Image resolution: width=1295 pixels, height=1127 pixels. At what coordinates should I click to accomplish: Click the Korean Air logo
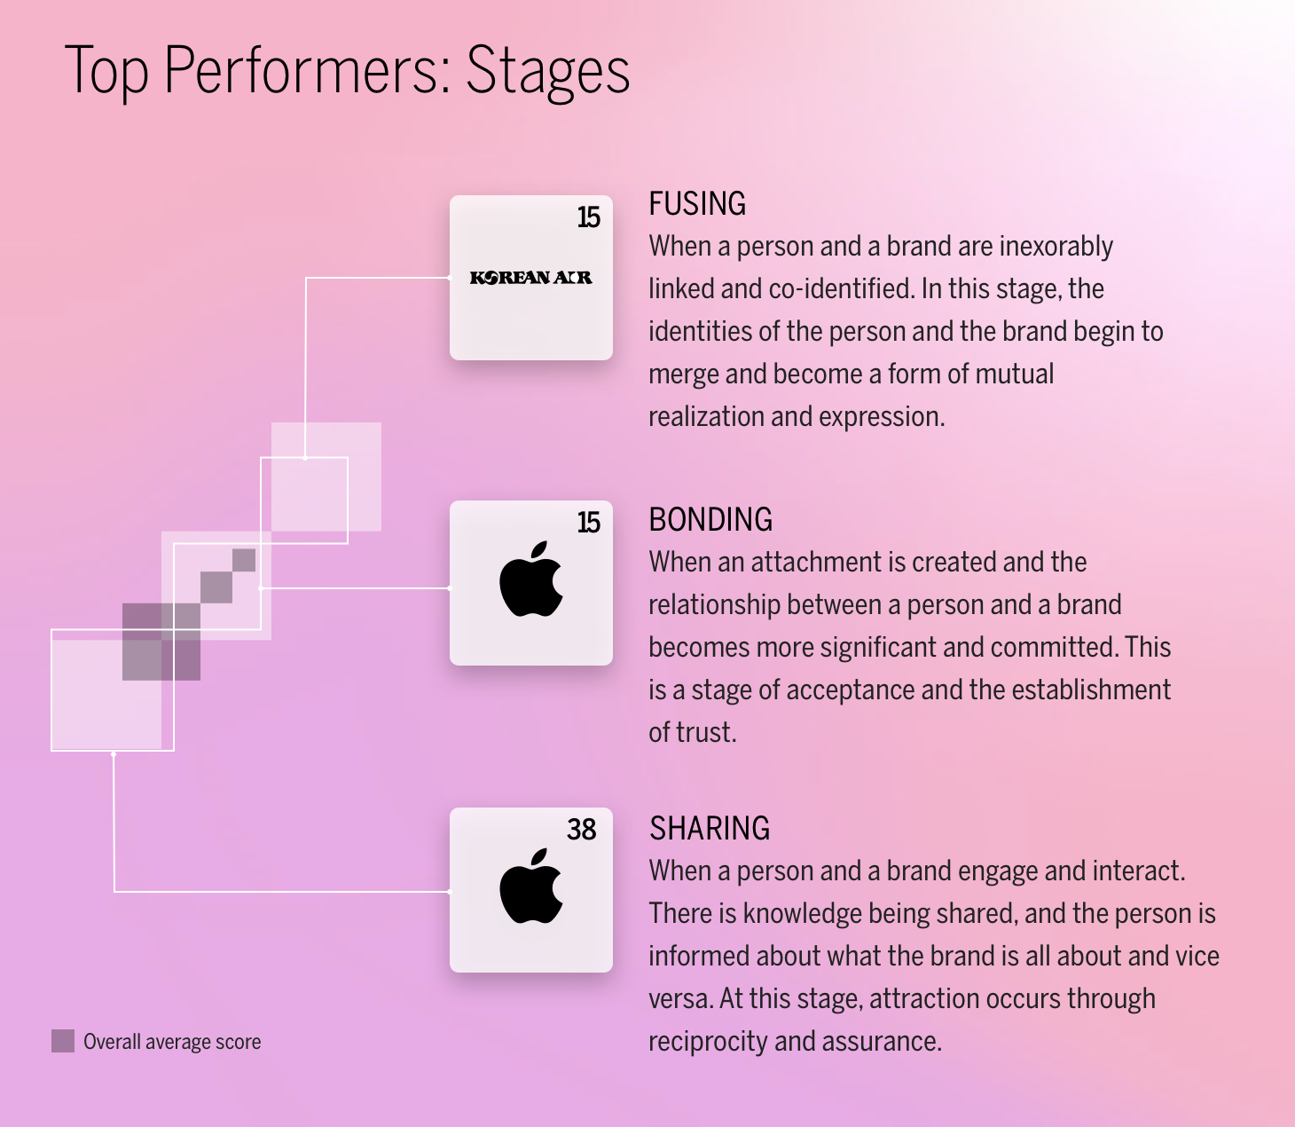click(530, 278)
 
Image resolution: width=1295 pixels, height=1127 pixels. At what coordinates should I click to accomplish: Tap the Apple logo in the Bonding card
click(531, 580)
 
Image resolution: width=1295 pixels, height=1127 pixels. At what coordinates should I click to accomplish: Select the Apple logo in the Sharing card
click(531, 887)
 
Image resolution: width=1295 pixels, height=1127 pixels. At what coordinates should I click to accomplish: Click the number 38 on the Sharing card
click(581, 829)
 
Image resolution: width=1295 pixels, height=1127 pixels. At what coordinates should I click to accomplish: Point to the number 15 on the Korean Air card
click(588, 217)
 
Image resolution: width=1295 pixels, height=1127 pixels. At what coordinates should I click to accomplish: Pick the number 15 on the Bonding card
click(588, 523)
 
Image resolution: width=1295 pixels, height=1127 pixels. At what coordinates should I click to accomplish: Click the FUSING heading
click(697, 204)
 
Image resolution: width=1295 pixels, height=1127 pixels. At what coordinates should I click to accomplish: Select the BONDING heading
click(710, 520)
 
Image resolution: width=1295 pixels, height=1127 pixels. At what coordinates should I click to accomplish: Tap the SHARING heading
click(710, 829)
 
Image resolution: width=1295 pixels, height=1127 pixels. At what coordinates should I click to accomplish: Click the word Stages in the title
click(547, 71)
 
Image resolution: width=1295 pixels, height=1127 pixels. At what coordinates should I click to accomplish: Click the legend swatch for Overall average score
click(63, 1041)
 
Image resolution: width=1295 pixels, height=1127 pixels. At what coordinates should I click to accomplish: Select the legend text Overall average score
click(172, 1042)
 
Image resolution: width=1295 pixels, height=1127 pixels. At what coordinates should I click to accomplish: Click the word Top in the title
click(106, 71)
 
